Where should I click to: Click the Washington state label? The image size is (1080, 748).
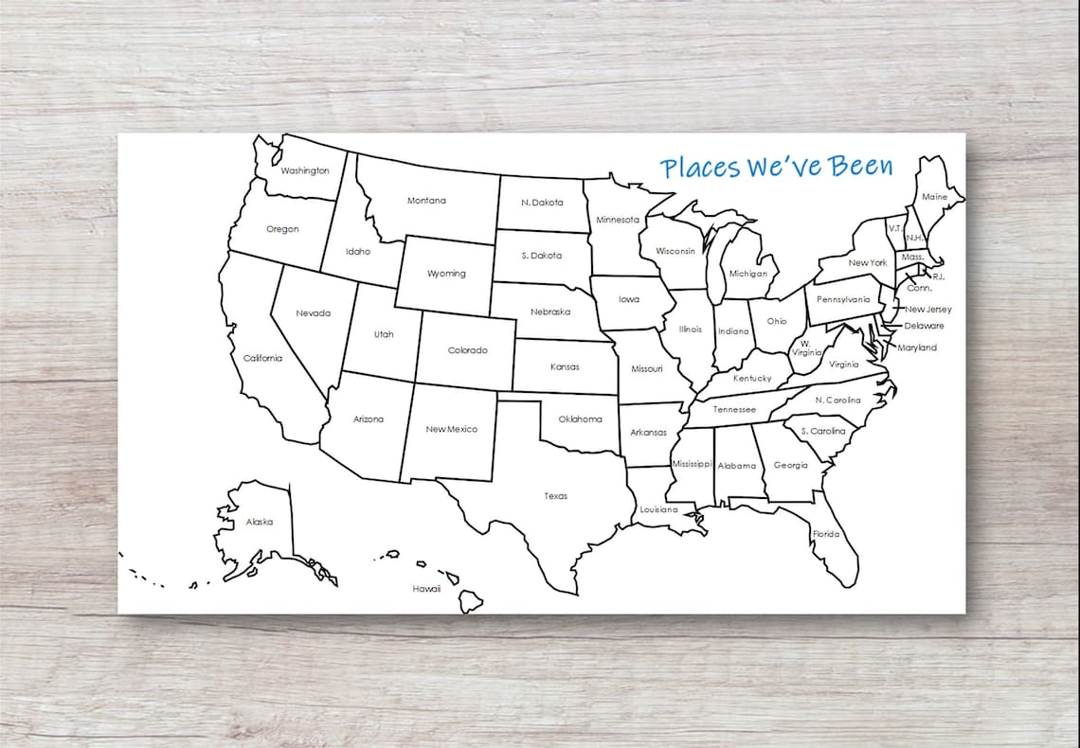pyautogui.click(x=305, y=171)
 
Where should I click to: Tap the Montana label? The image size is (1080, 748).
pyautogui.click(x=426, y=201)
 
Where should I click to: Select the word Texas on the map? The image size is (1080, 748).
pyautogui.click(x=556, y=496)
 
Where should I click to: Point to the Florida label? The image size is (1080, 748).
pyautogui.click(x=825, y=534)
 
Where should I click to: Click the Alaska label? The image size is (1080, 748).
pyautogui.click(x=260, y=523)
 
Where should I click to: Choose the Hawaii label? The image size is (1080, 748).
pyautogui.click(x=426, y=589)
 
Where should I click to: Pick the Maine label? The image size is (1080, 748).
pyautogui.click(x=934, y=198)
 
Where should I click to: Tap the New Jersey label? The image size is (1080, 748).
pyautogui.click(x=928, y=310)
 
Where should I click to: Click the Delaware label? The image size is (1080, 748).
pyautogui.click(x=924, y=326)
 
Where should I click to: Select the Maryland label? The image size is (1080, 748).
pyautogui.click(x=917, y=347)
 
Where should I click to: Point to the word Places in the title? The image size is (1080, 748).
pyautogui.click(x=699, y=169)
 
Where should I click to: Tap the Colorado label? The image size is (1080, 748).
pyautogui.click(x=468, y=350)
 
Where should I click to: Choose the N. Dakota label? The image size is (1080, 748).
pyautogui.click(x=543, y=203)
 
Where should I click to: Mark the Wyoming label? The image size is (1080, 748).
pyautogui.click(x=446, y=274)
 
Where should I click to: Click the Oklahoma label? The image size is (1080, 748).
pyautogui.click(x=580, y=419)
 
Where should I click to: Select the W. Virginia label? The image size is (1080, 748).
pyautogui.click(x=806, y=347)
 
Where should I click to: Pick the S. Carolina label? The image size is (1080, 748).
pyautogui.click(x=823, y=431)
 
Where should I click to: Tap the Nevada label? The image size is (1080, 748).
pyautogui.click(x=313, y=313)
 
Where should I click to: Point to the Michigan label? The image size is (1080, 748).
pyautogui.click(x=748, y=274)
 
